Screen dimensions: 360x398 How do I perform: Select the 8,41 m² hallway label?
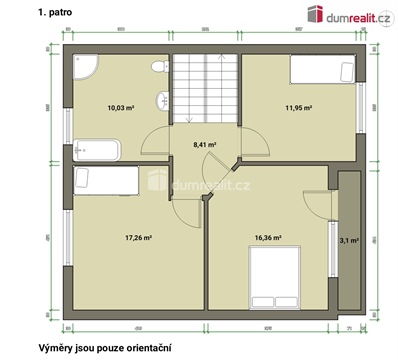(205, 143)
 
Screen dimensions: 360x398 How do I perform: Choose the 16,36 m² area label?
(267, 237)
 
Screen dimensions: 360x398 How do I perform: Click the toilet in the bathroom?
(158, 67)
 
